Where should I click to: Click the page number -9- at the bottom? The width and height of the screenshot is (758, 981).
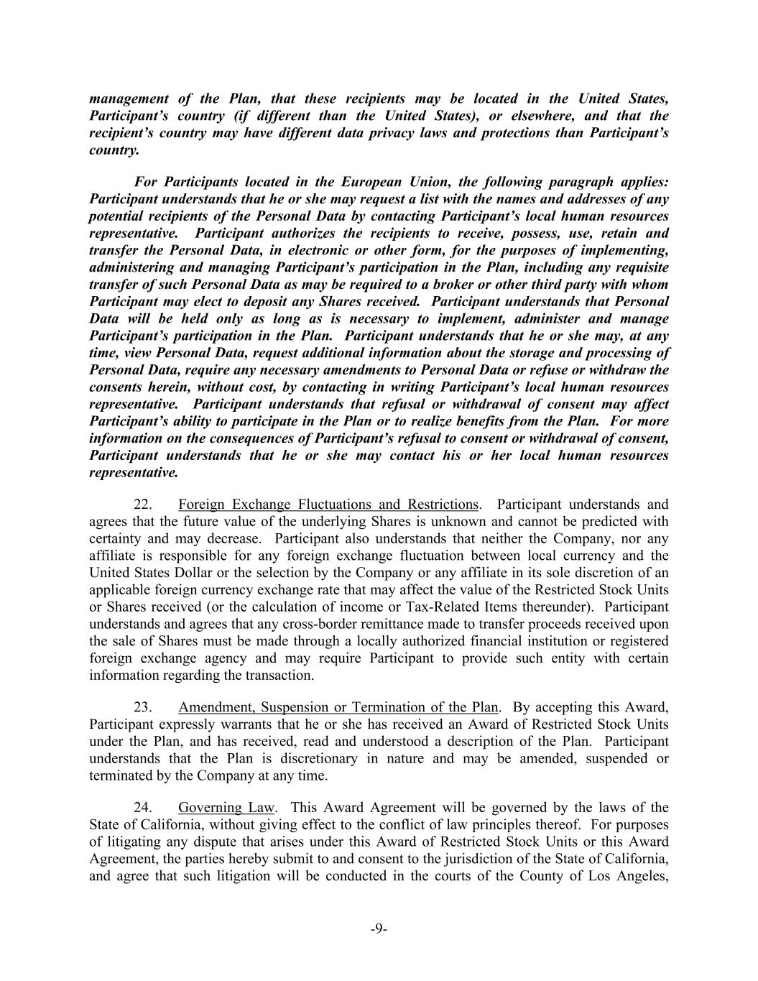(379, 929)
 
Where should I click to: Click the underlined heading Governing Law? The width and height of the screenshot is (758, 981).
(226, 808)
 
